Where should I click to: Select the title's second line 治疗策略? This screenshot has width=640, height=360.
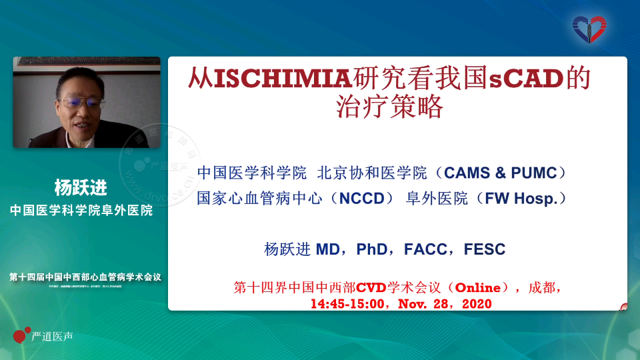pos(390,107)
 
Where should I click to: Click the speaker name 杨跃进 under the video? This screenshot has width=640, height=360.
pos(81,187)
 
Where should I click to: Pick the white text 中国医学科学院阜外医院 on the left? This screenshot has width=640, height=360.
pos(81,211)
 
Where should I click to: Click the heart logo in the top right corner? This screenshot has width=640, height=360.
pos(589,29)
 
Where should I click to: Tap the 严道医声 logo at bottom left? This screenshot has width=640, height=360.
pos(44,335)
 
